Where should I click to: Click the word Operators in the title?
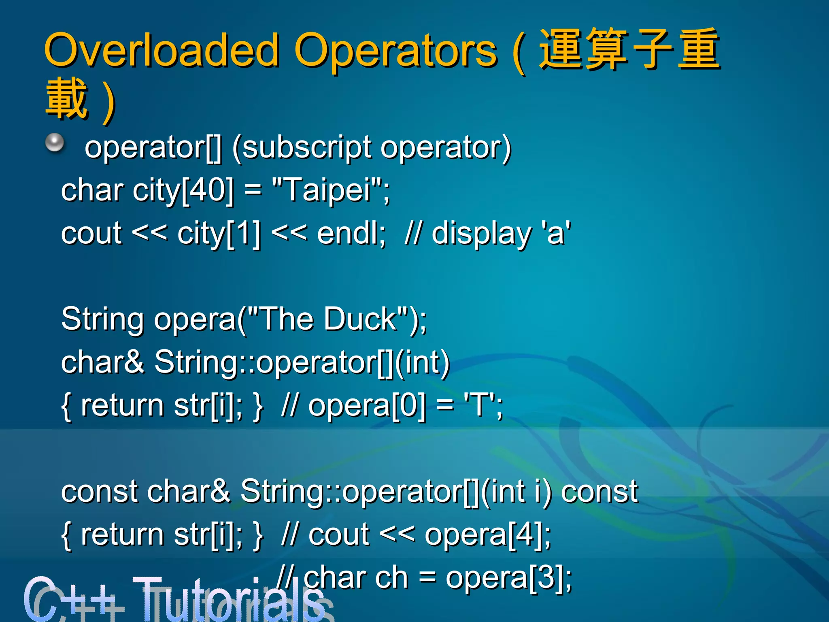[x=395, y=51]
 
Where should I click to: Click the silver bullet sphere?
[x=55, y=143]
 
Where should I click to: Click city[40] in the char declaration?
[x=183, y=190]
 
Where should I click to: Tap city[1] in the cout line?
[x=219, y=234]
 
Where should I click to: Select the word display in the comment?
[x=482, y=234]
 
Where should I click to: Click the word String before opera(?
[x=102, y=320]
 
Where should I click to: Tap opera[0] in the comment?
[x=367, y=405]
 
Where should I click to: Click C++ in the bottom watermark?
[x=73, y=599]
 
